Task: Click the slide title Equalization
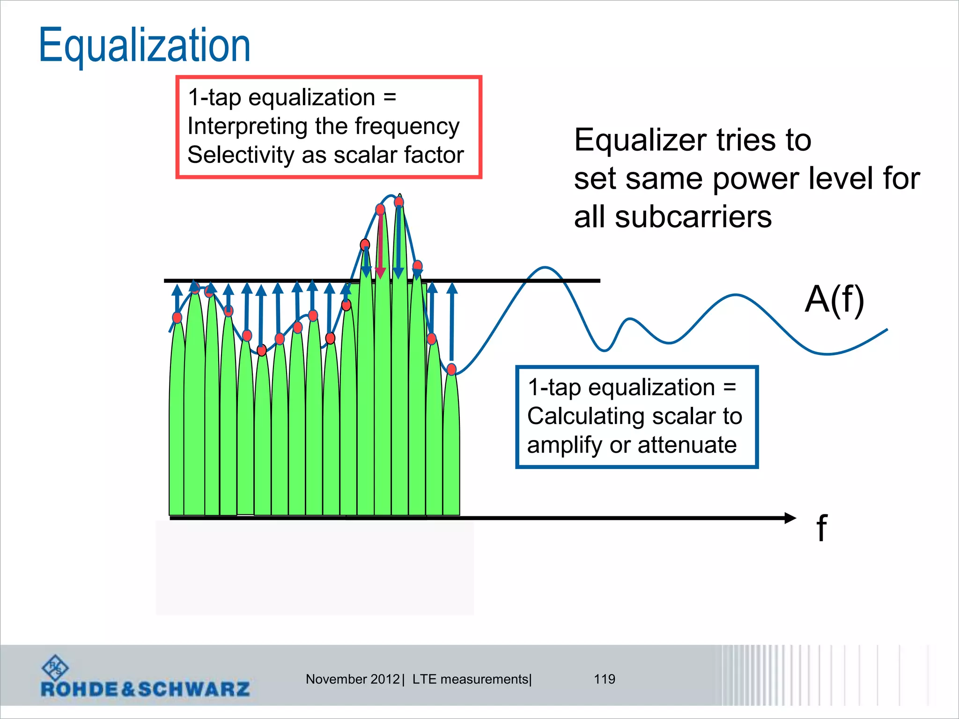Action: pos(144,45)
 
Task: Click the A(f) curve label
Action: pos(834,300)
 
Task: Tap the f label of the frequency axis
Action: pos(821,528)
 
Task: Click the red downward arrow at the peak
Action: pos(381,243)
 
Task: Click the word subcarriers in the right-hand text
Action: pos(693,217)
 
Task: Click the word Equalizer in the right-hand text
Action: pos(640,140)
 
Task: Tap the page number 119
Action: pos(604,679)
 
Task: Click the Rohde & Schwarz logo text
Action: pos(145,689)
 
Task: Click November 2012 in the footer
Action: pos(352,679)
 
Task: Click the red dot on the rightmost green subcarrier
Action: pos(451,369)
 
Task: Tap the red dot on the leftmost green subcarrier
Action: pos(177,318)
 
